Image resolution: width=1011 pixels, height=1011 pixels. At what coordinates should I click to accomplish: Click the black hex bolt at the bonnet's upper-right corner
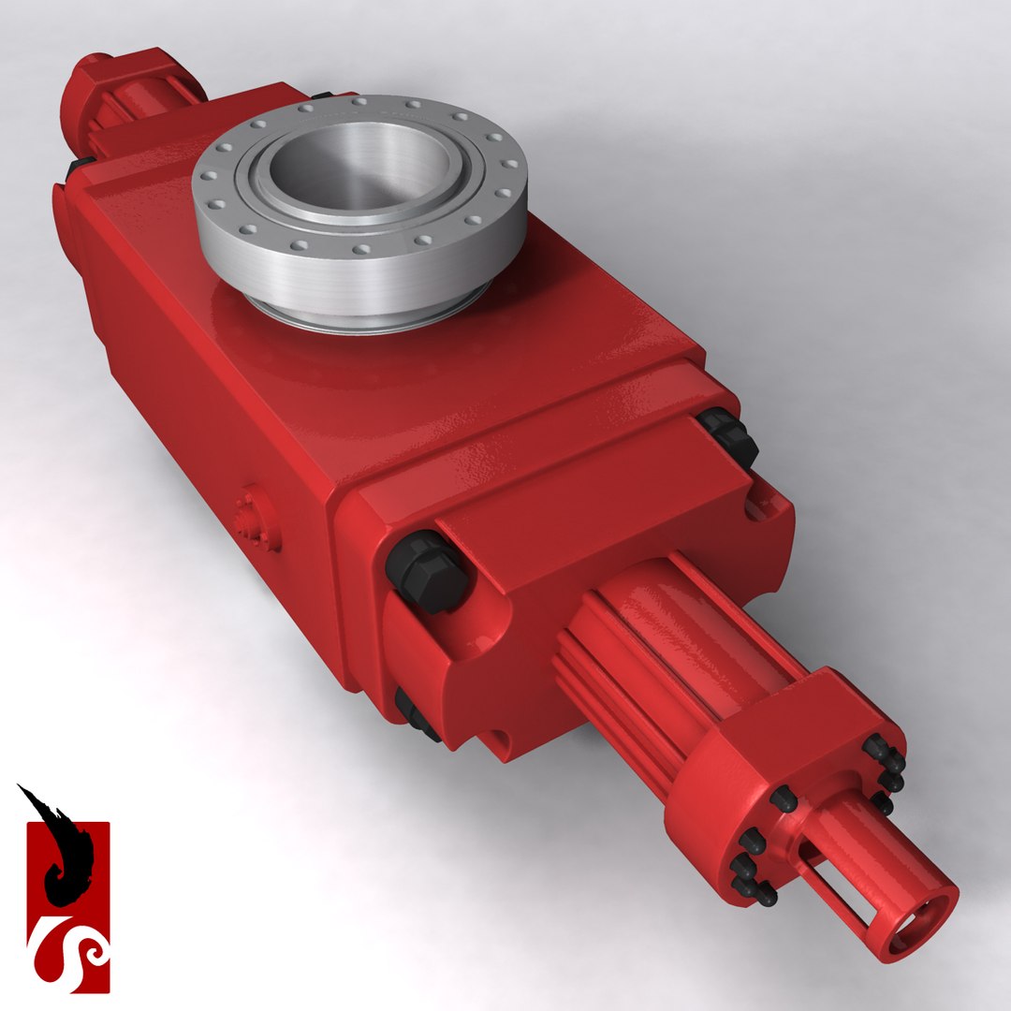point(729,435)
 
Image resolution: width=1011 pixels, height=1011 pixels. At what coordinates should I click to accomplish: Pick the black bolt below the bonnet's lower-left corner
point(413,716)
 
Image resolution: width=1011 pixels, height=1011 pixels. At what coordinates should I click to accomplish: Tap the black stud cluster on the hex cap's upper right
point(885,763)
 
